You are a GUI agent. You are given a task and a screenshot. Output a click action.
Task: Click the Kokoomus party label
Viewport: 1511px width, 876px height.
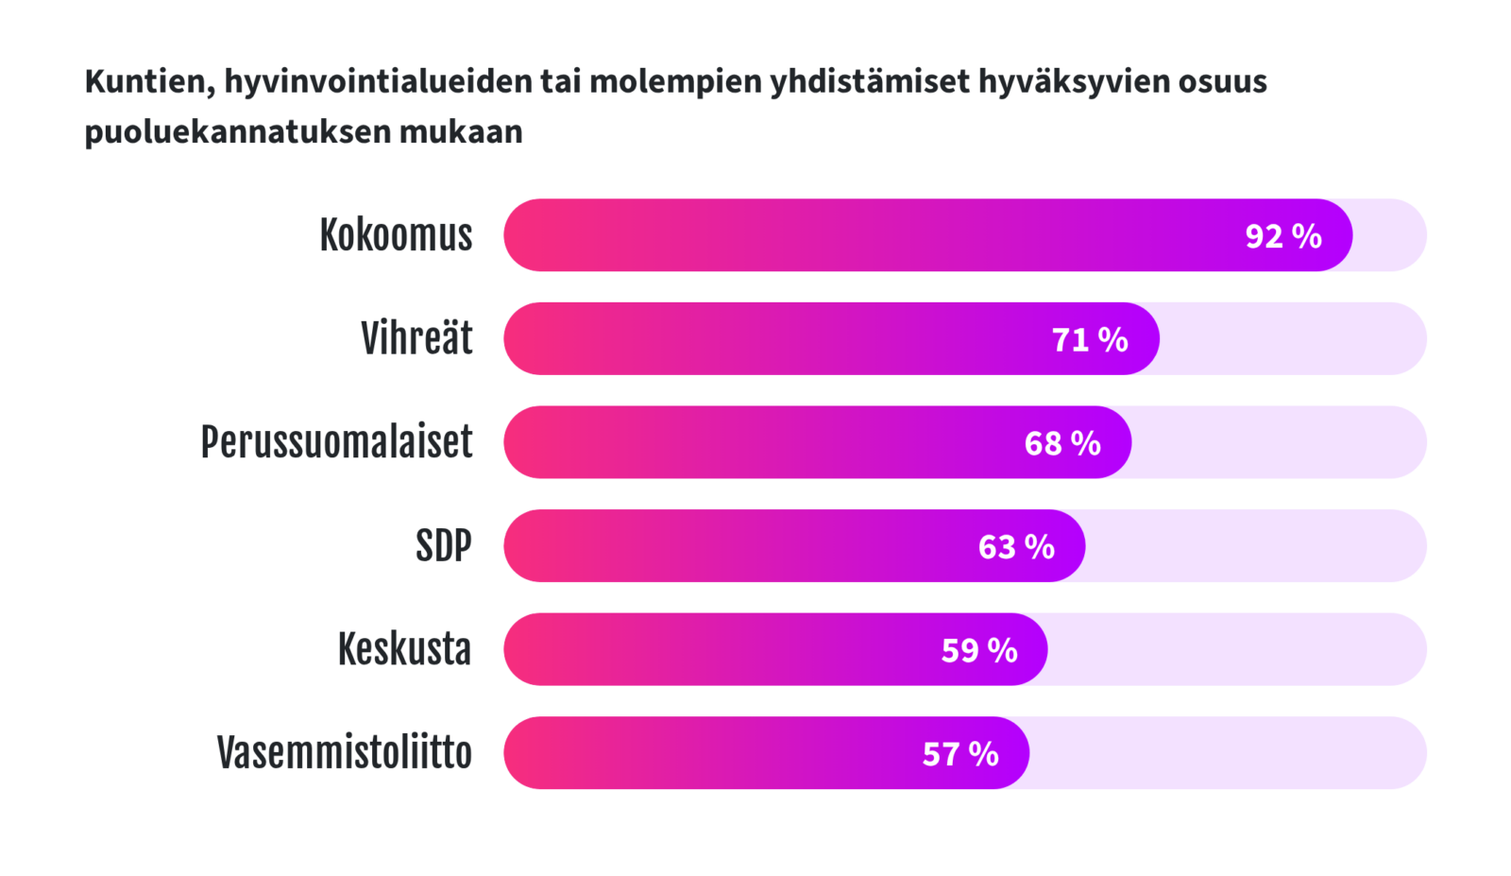(396, 235)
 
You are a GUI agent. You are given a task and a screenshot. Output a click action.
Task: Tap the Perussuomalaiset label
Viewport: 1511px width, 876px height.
(336, 442)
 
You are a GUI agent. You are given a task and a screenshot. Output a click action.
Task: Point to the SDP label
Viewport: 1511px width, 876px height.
(443, 545)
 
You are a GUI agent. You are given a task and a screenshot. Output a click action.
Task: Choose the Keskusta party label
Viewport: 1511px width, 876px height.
(405, 649)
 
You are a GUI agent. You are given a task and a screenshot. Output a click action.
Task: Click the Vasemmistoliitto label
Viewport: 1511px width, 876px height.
(344, 752)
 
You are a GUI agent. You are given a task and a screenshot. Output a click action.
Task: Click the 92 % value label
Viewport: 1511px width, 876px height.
(1283, 236)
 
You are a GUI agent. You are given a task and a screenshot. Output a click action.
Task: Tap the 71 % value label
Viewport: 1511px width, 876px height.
(1090, 339)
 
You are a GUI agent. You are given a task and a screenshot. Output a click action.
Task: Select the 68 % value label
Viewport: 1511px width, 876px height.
(1062, 443)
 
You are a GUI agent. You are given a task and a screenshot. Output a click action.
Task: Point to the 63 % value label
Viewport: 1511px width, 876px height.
(1016, 546)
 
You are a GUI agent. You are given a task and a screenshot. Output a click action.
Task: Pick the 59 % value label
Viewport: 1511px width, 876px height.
(979, 650)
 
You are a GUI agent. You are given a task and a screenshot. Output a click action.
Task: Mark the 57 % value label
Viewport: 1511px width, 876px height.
(960, 754)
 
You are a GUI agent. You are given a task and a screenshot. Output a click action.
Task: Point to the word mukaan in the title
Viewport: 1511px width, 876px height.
(461, 131)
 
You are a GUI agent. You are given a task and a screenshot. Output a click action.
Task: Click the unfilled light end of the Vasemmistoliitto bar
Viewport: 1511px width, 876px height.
(1228, 752)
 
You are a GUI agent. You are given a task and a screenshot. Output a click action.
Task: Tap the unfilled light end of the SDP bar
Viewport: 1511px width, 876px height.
(1256, 545)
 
